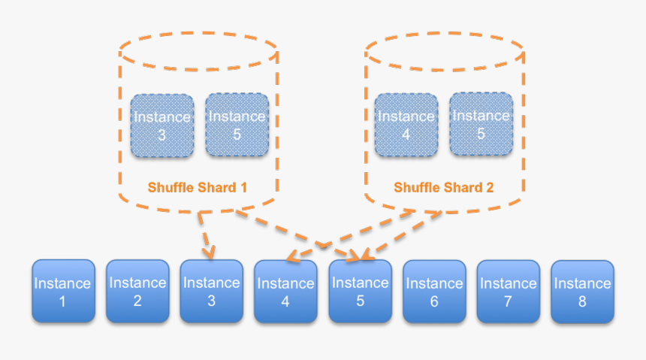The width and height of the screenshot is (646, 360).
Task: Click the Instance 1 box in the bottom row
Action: pyautogui.click(x=64, y=291)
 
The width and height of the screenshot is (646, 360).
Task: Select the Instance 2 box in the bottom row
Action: pyautogui.click(x=137, y=291)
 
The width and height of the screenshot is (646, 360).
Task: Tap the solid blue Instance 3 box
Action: pyautogui.click(x=211, y=291)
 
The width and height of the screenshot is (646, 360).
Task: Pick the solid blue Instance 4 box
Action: pyautogui.click(x=285, y=292)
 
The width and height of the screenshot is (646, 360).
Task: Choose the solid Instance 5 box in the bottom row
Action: pyautogui.click(x=360, y=292)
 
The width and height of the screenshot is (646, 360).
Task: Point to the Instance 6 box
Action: pyautogui.click(x=434, y=292)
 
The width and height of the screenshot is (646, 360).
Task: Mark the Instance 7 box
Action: pyautogui.click(x=508, y=292)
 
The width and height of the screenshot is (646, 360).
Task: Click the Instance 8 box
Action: pyautogui.click(x=582, y=292)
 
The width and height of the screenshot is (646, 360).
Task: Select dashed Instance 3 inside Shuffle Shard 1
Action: pyautogui.click(x=161, y=126)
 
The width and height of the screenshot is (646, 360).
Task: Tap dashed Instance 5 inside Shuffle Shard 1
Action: pyautogui.click(x=237, y=125)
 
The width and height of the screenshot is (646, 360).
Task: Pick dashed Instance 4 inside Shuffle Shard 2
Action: pyautogui.click(x=406, y=126)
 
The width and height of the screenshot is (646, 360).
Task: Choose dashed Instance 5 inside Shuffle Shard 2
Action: pyautogui.click(x=481, y=124)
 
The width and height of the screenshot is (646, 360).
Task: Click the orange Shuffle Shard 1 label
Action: pyautogui.click(x=197, y=187)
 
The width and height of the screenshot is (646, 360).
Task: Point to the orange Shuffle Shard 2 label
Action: pyautogui.click(x=443, y=187)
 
